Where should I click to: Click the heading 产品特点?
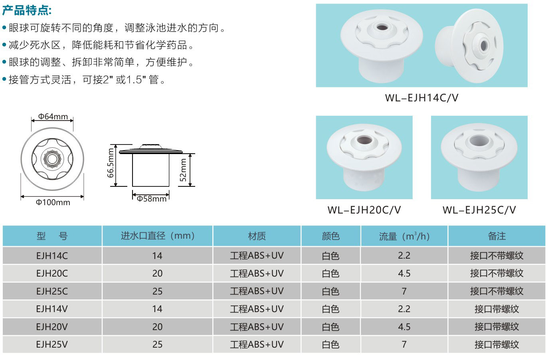(x=27, y=10)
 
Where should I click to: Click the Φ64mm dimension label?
(x=53, y=116)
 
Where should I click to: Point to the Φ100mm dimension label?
(x=53, y=202)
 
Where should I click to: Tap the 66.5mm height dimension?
(x=110, y=163)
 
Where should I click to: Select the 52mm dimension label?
(x=183, y=170)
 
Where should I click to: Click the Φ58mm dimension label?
(x=151, y=198)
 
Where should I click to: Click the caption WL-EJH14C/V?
(x=421, y=98)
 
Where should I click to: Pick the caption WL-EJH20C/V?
(x=364, y=210)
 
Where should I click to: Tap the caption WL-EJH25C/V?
(x=479, y=210)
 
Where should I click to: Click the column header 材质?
(x=257, y=236)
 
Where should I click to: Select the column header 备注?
(x=497, y=236)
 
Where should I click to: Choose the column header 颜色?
(x=330, y=236)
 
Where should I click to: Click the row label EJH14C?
(x=52, y=256)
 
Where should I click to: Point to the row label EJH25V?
(x=52, y=344)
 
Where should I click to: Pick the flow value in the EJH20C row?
(x=404, y=273)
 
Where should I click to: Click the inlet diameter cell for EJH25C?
(x=157, y=291)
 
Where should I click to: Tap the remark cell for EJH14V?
(x=497, y=309)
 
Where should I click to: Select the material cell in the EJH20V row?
(x=257, y=327)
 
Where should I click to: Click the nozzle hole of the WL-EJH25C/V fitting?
(x=479, y=140)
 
